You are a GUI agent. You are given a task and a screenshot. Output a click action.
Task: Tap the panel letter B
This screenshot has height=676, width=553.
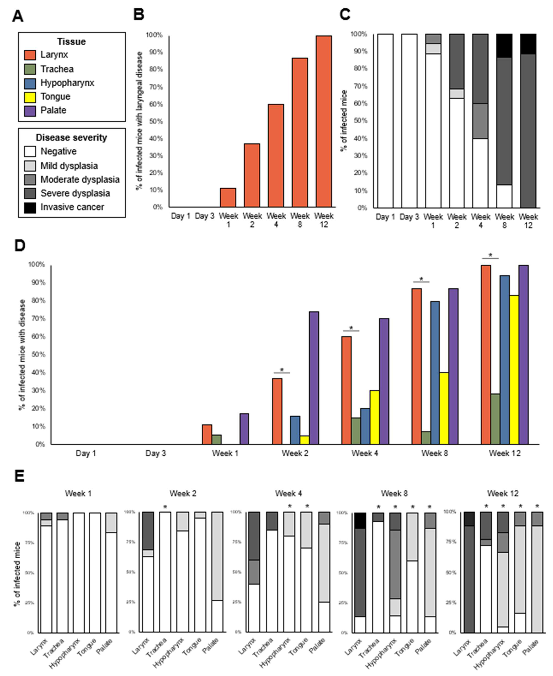point(139,15)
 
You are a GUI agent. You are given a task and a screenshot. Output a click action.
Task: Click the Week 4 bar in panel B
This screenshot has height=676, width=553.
point(276,156)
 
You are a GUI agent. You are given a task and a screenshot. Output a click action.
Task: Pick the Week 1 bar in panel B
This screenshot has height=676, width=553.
point(228,198)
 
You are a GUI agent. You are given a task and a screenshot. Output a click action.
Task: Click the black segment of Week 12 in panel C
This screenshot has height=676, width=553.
point(528,44)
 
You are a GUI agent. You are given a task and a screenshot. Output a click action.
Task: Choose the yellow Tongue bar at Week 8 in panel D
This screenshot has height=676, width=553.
point(444,408)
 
